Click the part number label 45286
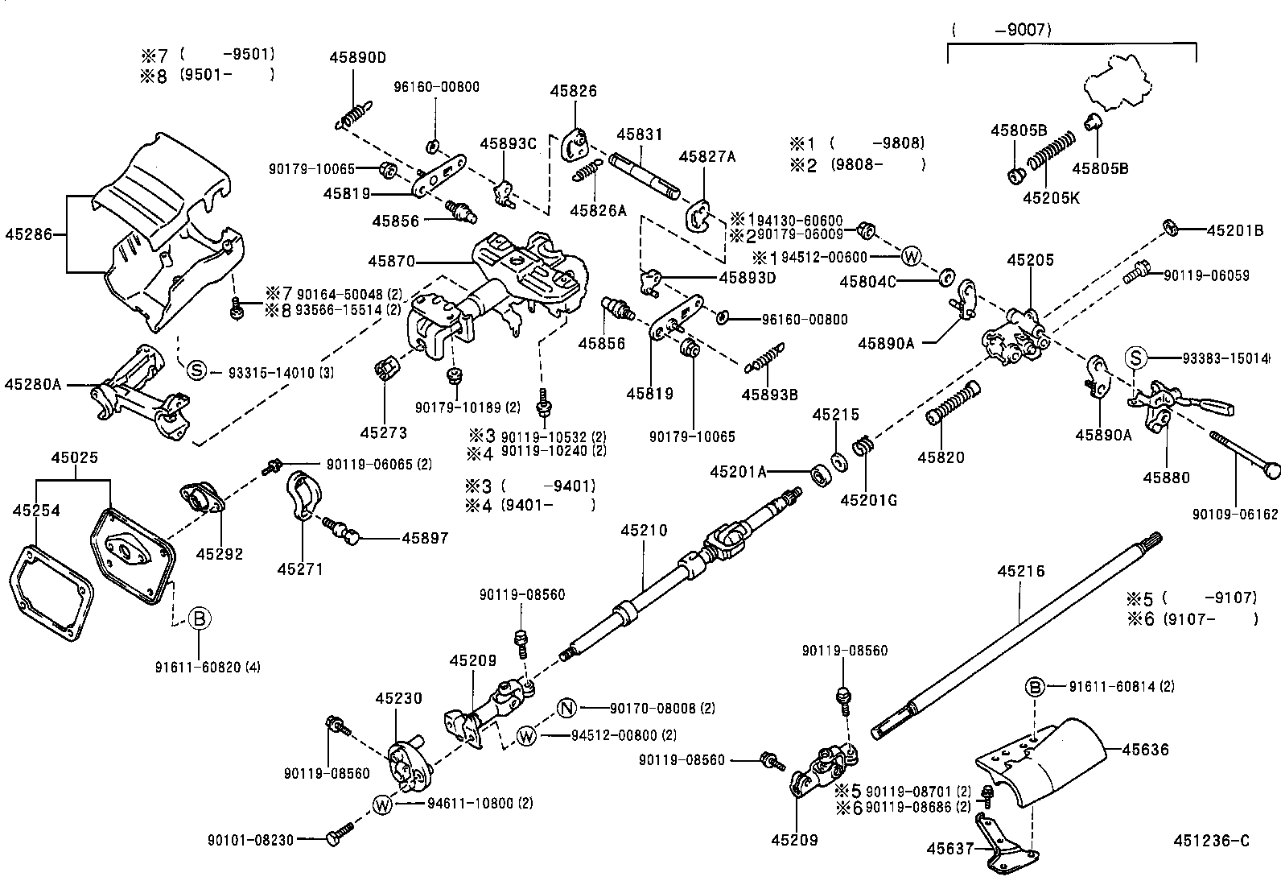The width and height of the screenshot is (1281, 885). click(x=28, y=234)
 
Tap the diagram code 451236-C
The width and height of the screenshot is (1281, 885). click(x=1212, y=842)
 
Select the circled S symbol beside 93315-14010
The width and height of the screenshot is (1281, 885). click(x=197, y=371)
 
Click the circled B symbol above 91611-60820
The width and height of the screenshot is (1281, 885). click(x=199, y=618)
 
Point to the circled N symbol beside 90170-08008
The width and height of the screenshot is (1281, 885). click(x=567, y=708)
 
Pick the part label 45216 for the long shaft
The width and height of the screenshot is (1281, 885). click(x=1020, y=571)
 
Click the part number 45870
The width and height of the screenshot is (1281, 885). click(x=392, y=261)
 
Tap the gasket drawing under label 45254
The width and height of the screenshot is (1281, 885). click(x=53, y=592)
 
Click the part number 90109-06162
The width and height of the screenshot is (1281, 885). click(x=1235, y=514)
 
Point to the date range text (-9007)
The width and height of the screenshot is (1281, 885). click(x=1002, y=31)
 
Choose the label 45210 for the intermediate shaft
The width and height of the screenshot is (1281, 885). click(x=644, y=531)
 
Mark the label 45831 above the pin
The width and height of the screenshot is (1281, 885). click(x=640, y=135)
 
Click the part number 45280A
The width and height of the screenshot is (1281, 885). click(x=32, y=384)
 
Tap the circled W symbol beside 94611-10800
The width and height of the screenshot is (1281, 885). click(x=384, y=803)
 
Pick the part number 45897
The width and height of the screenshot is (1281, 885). click(x=425, y=538)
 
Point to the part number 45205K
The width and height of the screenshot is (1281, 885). click(x=1052, y=196)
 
